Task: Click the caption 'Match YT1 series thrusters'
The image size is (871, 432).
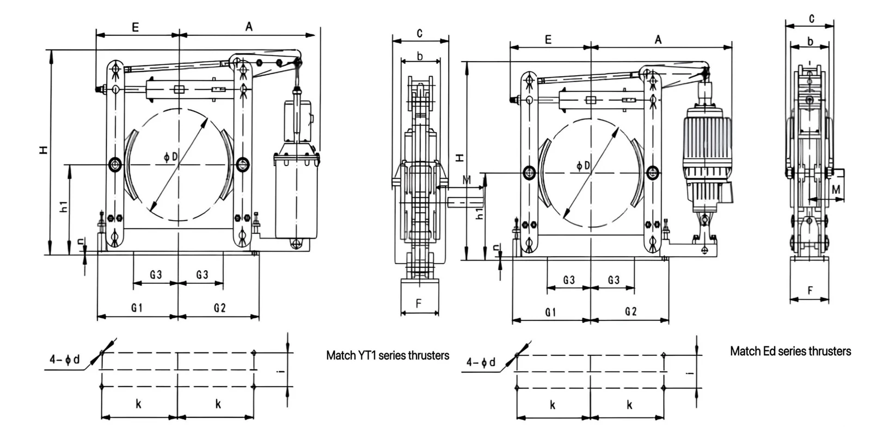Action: (387, 355)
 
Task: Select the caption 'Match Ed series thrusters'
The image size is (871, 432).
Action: (790, 351)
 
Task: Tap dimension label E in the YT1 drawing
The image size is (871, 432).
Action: (136, 27)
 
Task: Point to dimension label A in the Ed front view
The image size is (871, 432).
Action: (658, 40)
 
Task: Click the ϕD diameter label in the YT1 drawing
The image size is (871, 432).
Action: (170, 156)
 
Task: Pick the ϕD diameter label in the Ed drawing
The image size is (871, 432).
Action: (583, 166)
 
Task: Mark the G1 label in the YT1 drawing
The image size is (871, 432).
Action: (137, 308)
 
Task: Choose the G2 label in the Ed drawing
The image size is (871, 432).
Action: (631, 312)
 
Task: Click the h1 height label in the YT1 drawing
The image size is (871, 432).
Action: (64, 206)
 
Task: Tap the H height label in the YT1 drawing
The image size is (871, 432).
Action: (44, 150)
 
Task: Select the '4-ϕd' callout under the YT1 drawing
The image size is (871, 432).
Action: (65, 359)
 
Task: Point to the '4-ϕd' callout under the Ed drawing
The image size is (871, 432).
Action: (481, 363)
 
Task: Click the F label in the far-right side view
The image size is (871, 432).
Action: (810, 290)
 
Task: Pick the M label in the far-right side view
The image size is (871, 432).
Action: (836, 190)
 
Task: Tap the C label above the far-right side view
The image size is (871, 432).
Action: (812, 19)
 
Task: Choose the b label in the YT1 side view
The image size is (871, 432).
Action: (420, 57)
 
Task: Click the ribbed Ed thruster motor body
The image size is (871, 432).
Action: (707, 148)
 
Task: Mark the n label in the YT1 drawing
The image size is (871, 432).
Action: (81, 242)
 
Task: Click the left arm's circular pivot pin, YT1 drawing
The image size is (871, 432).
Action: (115, 164)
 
